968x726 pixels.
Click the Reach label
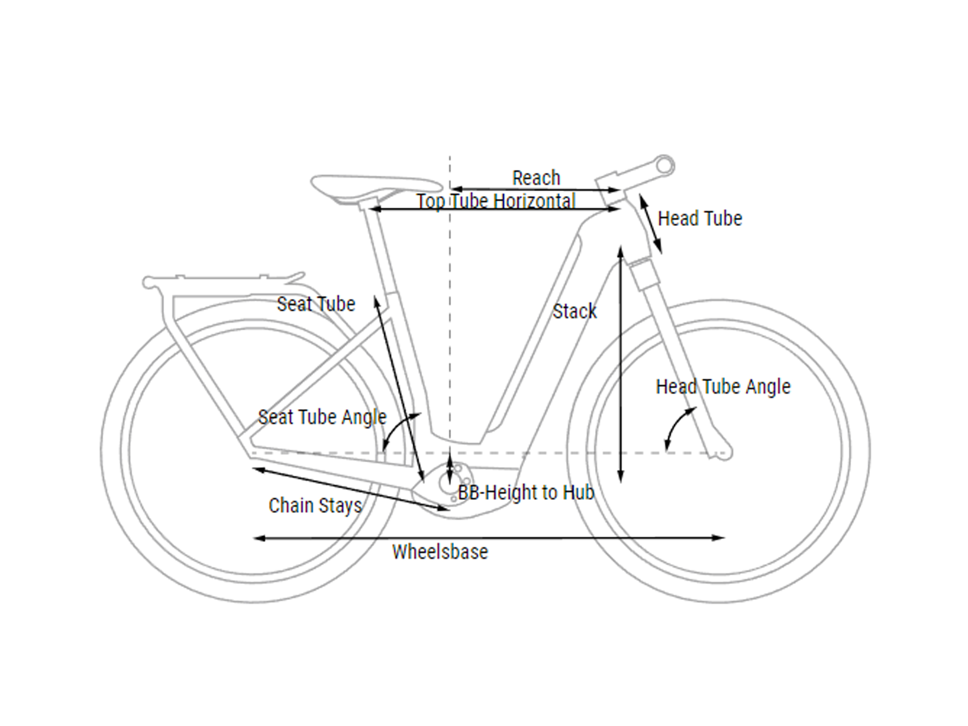(x=536, y=178)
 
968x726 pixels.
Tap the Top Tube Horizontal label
(x=496, y=201)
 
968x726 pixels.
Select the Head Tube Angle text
(x=723, y=387)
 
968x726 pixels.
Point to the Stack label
(x=575, y=311)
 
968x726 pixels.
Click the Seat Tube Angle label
(x=322, y=417)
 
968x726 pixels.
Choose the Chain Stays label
(x=315, y=506)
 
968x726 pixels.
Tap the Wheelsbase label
(x=440, y=552)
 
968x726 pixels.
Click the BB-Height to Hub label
(x=526, y=493)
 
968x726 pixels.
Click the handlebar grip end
(x=665, y=166)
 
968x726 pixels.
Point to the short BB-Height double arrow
(x=450, y=466)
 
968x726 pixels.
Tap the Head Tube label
(x=700, y=219)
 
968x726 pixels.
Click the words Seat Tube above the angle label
(x=316, y=304)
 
